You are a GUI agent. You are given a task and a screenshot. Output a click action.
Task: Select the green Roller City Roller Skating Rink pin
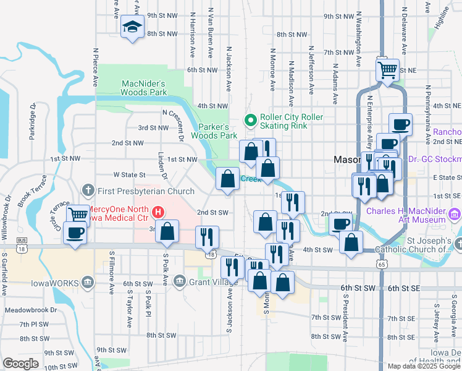click(251, 121)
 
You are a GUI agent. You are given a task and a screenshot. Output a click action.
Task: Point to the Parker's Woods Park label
click(214, 130)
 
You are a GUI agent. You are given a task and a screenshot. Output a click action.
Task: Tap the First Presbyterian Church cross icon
click(88, 188)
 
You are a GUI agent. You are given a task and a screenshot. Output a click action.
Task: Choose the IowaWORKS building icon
click(88, 283)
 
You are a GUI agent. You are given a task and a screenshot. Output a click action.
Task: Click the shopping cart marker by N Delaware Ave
click(387, 69)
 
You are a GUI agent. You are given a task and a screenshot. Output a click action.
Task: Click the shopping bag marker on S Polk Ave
click(167, 232)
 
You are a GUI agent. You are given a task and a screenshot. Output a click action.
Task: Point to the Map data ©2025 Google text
click(423, 366)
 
